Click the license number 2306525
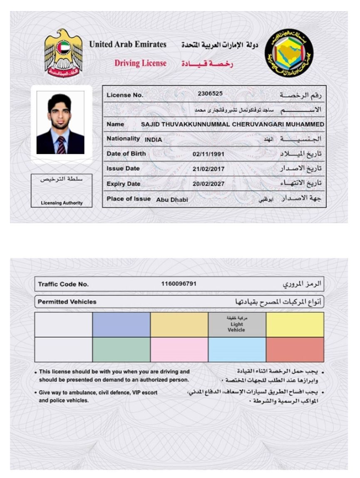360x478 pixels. tap(210, 94)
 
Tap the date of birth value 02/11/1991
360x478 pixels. tap(209, 154)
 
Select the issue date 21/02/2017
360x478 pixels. tap(209, 169)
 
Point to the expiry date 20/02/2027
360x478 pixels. tap(209, 184)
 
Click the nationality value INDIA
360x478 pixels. tap(153, 140)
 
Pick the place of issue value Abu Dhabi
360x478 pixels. tap(172, 200)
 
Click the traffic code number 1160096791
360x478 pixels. tap(179, 284)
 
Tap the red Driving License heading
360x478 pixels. tap(140, 63)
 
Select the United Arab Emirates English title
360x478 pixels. tap(128, 45)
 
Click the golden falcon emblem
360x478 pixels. tap(64, 53)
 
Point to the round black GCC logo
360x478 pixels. tap(289, 53)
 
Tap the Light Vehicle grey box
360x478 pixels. tap(236, 325)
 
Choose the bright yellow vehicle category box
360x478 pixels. tap(295, 325)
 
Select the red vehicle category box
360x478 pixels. tap(295, 349)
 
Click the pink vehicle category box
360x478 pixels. tap(179, 349)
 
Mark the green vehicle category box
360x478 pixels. tap(121, 349)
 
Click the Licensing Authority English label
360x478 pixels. tap(62, 203)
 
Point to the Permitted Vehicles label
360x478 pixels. tap(67, 302)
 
